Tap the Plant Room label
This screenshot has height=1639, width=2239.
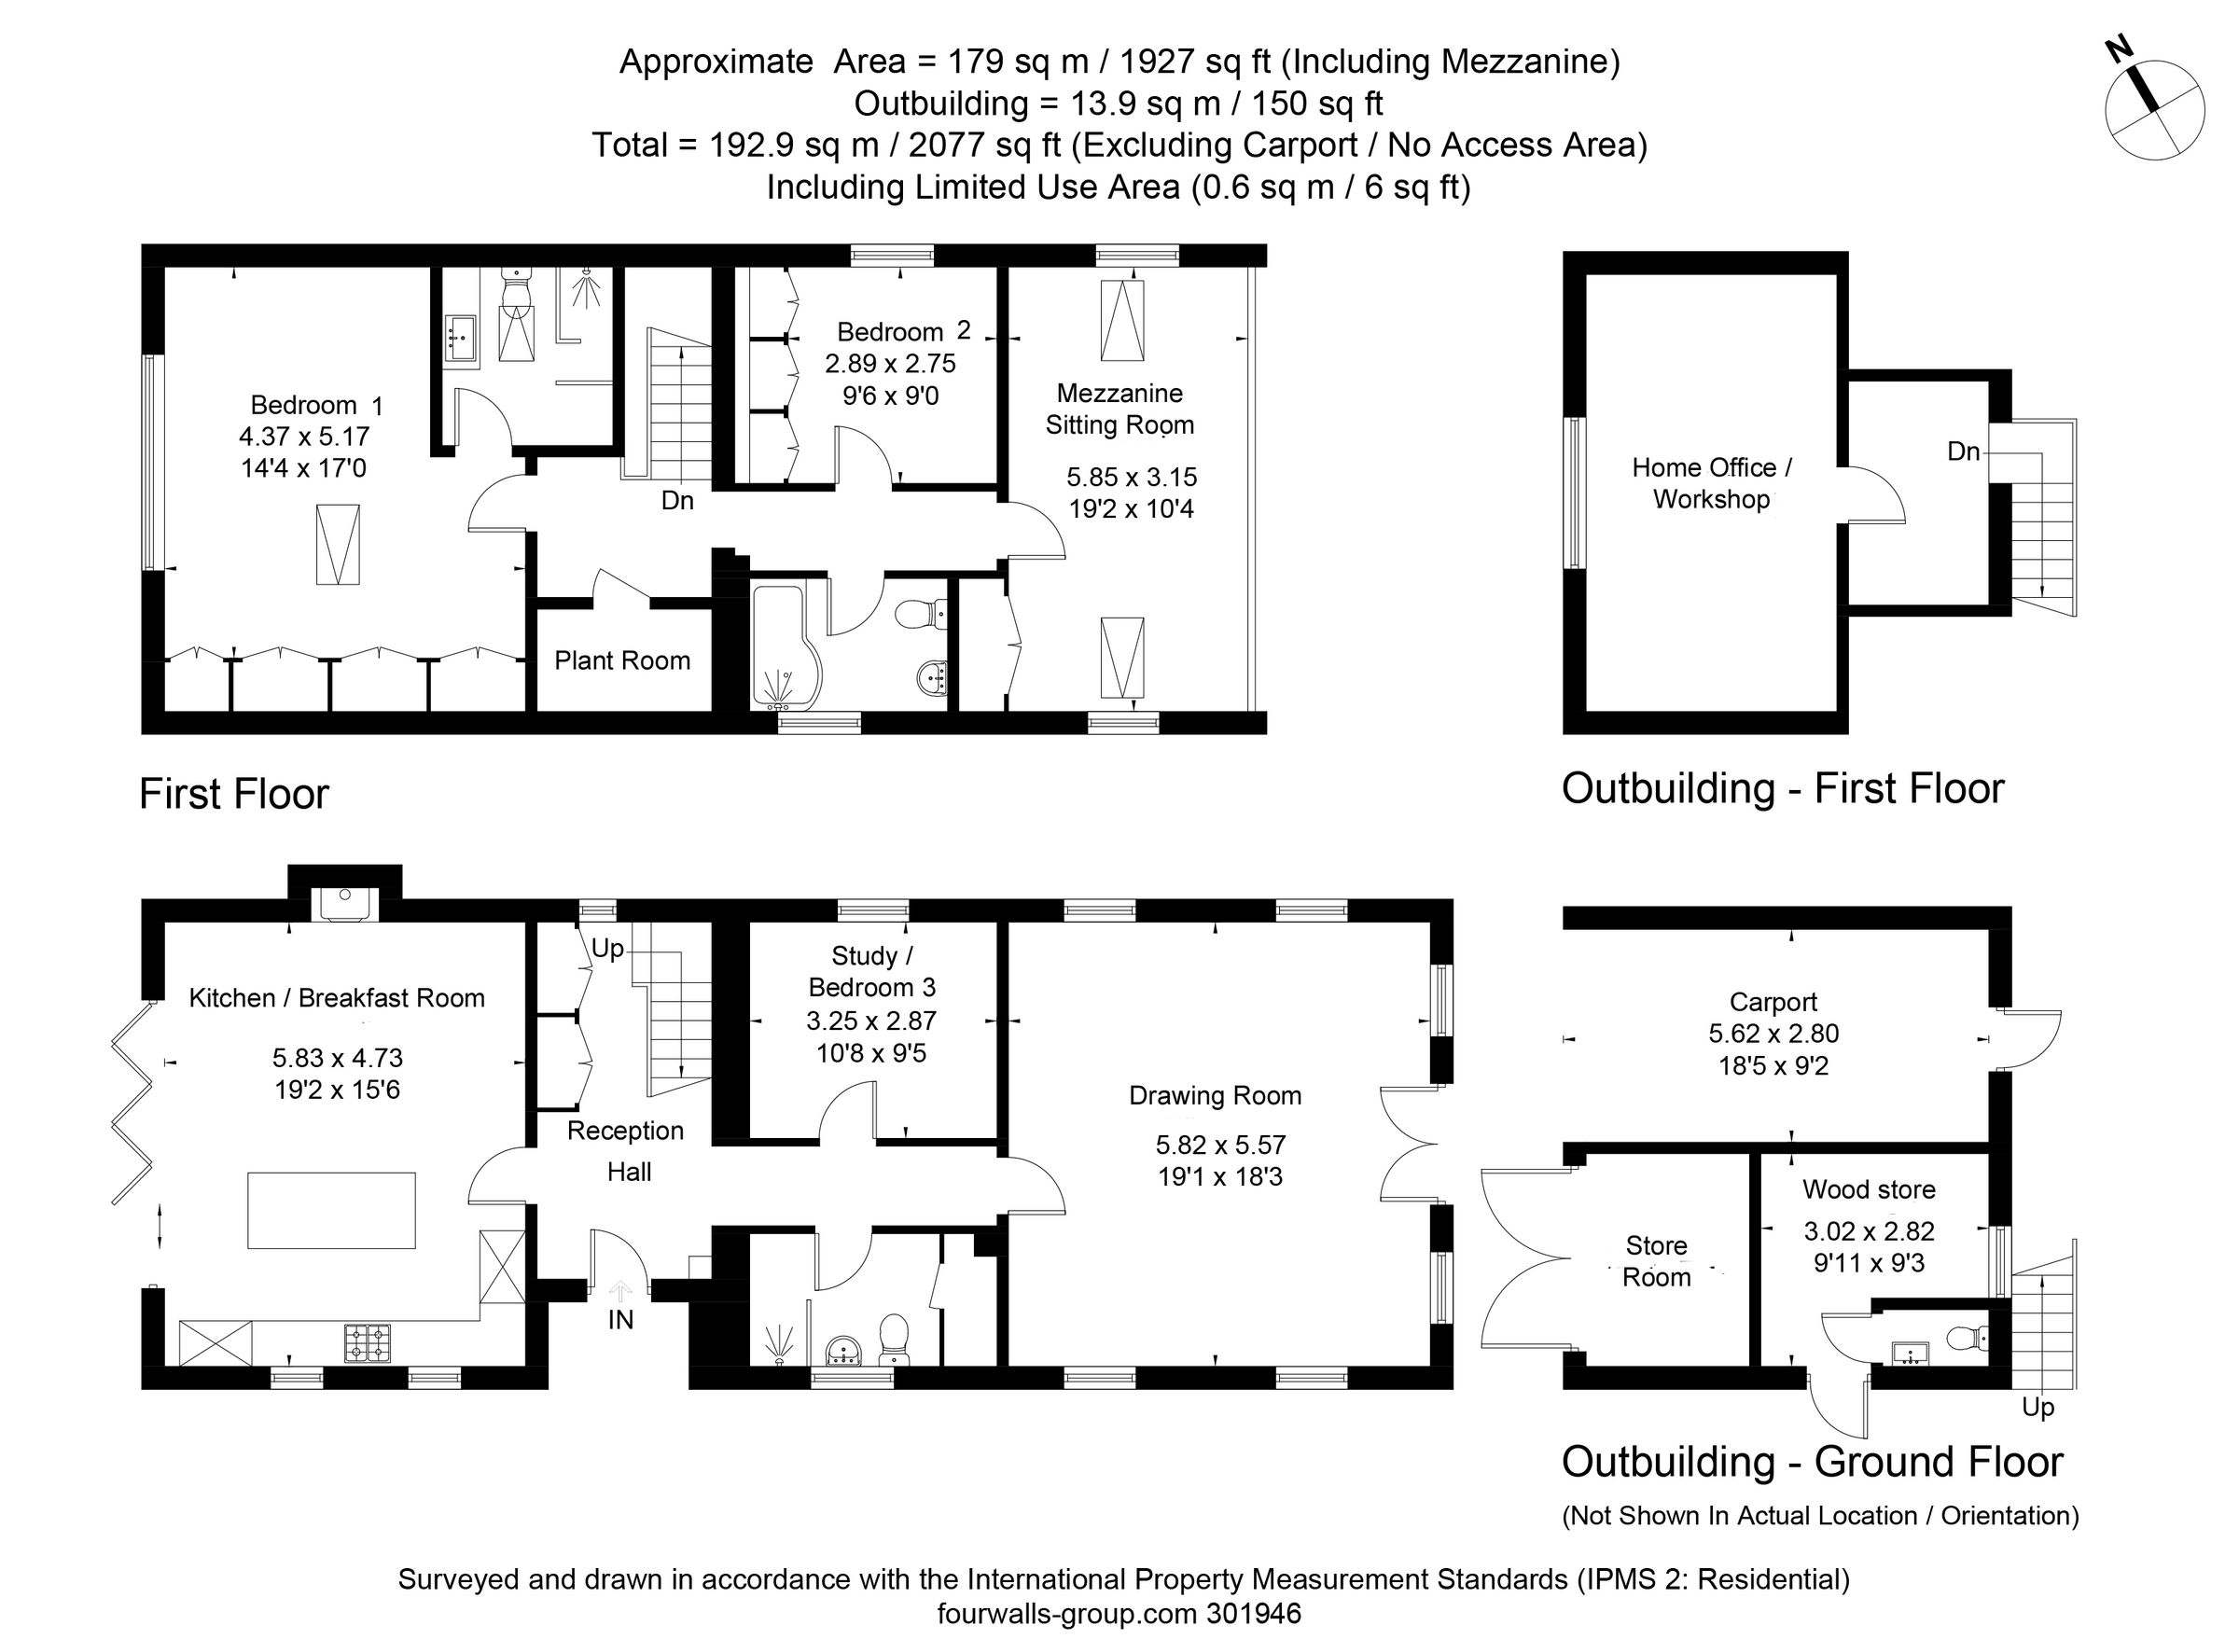point(622,660)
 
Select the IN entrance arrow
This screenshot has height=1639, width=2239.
point(620,1291)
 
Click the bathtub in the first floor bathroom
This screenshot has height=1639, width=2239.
point(785,645)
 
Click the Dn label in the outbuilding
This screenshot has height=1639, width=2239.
point(1963,452)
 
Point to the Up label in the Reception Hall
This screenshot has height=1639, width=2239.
point(607,950)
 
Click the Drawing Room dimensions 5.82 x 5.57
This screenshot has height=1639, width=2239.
point(1220,1145)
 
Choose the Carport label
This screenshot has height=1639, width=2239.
point(1773,1002)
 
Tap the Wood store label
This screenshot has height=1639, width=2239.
point(1868,1189)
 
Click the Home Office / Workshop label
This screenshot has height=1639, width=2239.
point(1711,483)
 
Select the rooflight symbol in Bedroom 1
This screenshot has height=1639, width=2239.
point(338,545)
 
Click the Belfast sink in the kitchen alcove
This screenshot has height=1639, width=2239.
point(343,902)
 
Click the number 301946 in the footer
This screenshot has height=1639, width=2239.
point(1254,1614)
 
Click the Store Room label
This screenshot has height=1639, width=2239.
point(1656,1261)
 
